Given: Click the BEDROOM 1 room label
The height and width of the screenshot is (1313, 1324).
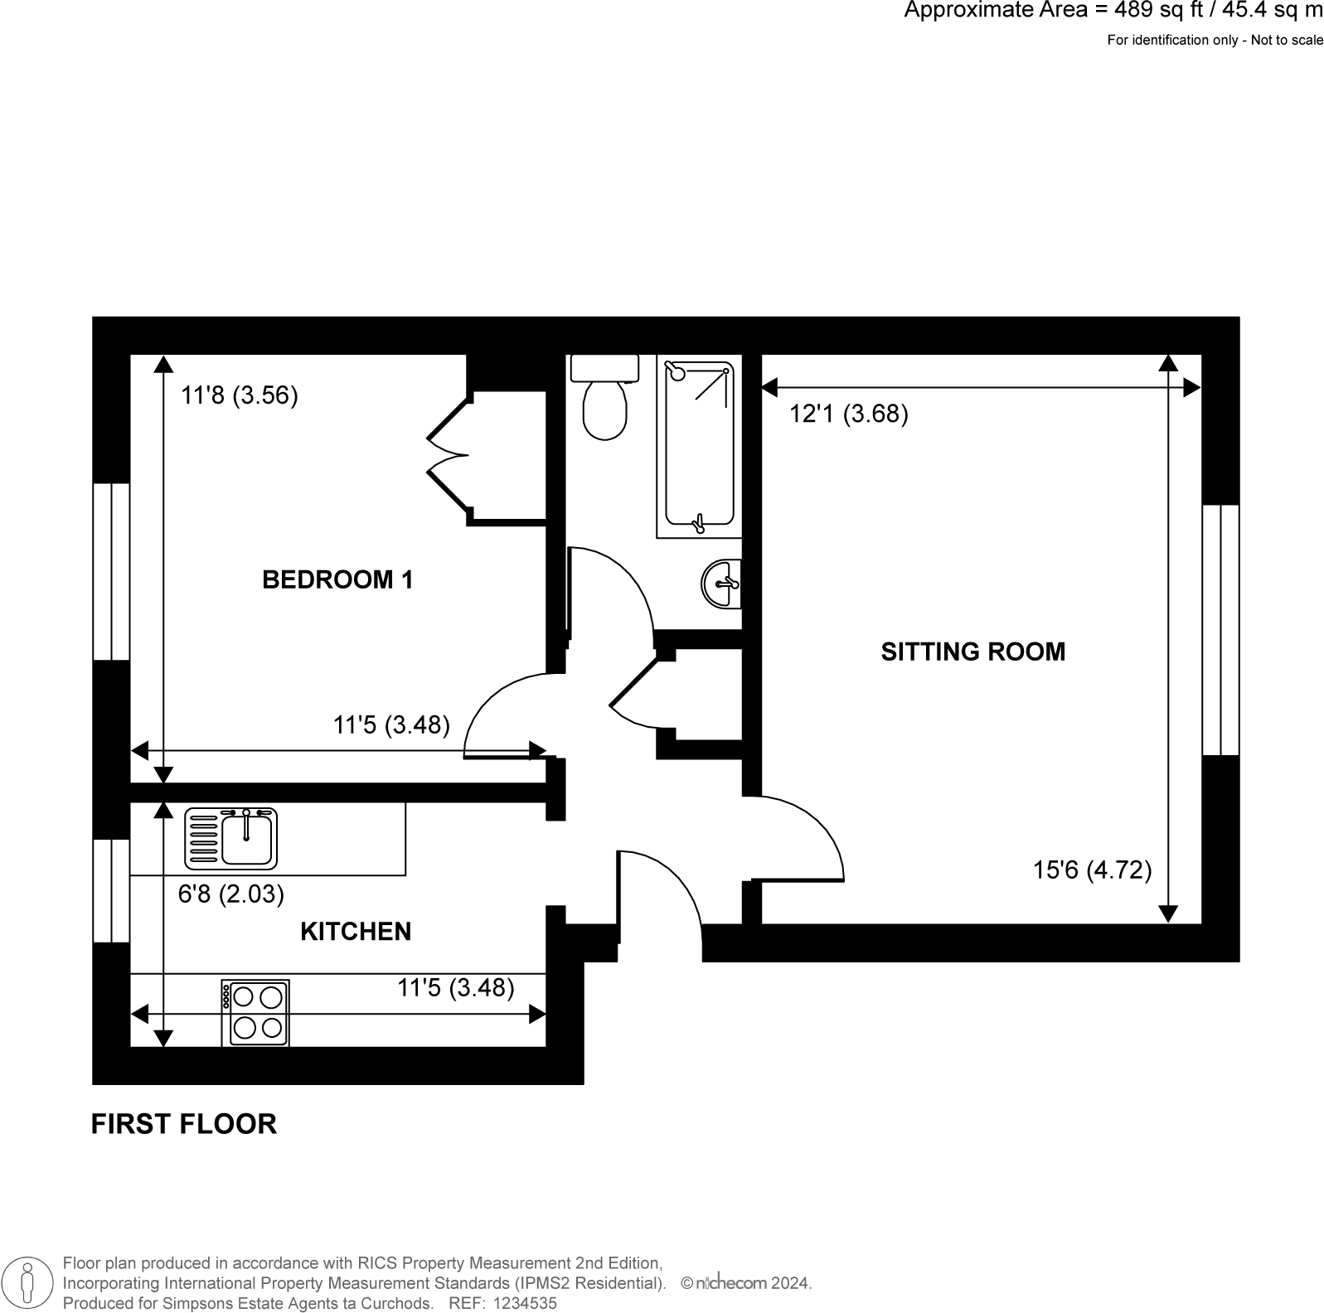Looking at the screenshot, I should click(x=337, y=579).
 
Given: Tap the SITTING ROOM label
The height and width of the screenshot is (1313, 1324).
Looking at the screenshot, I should click(x=972, y=652).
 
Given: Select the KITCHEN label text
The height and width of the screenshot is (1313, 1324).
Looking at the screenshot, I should click(x=355, y=932).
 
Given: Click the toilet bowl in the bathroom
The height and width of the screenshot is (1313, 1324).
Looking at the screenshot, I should click(x=604, y=408).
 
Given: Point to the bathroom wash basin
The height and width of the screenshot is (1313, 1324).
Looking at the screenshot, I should click(x=721, y=584).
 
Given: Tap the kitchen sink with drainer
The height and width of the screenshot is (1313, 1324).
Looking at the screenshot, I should click(x=231, y=838).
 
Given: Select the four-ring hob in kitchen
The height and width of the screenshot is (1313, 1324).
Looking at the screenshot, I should click(x=255, y=1013).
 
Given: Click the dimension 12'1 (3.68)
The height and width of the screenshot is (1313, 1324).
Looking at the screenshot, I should click(x=848, y=414).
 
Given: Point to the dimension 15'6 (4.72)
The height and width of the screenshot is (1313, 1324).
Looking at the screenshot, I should click(x=1092, y=870).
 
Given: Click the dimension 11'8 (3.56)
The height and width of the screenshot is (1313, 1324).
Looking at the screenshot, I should click(x=240, y=395).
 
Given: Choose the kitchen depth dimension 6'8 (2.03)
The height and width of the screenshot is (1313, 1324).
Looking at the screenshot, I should click(x=231, y=894).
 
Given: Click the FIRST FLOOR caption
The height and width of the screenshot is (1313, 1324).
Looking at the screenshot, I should click(x=183, y=1124).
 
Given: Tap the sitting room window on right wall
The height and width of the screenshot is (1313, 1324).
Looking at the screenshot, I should click(x=1220, y=630).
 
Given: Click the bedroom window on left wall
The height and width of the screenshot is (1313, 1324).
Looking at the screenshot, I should click(x=111, y=571).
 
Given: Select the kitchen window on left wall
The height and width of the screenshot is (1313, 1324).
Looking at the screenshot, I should click(x=111, y=890).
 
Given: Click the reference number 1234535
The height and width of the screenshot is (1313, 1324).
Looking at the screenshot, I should click(x=525, y=1303).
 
